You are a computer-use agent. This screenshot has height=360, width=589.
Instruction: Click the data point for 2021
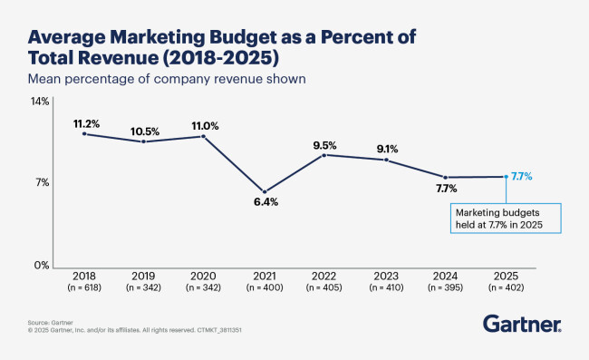coord(264,191)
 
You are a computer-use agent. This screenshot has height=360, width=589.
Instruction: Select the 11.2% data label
coord(84,122)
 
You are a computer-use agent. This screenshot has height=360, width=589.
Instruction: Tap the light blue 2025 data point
coord(506,177)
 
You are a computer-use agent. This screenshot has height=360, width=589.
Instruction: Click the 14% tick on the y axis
coord(41,102)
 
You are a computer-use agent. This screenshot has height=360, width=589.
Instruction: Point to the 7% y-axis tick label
coord(43,183)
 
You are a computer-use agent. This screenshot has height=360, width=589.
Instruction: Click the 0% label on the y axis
coord(42,266)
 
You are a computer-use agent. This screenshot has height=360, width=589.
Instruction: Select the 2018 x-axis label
coord(84,275)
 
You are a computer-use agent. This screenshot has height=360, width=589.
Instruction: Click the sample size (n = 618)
coord(84,287)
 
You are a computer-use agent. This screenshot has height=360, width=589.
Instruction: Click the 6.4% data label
coord(265,203)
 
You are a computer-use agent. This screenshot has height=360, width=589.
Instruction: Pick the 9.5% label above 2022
coord(324,144)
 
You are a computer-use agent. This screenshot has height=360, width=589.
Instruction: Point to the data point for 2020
coord(203,136)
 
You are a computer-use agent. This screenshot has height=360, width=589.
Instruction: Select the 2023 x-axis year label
coord(385,275)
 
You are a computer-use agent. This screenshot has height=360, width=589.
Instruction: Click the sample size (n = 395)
coord(445,287)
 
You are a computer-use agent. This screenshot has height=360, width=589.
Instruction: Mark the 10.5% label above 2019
coord(143,130)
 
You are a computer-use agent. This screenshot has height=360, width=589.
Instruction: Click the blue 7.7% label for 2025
coord(522,176)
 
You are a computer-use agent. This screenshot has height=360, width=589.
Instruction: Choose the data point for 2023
coord(386,160)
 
